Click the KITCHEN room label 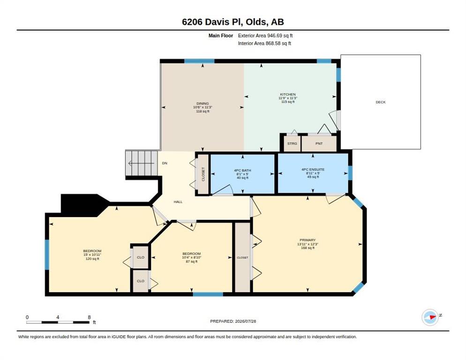tap(287, 94)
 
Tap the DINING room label tap(203, 104)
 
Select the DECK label tap(380, 102)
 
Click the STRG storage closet tap(292, 143)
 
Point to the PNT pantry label tap(319, 143)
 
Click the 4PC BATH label tap(242, 170)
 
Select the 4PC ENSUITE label tap(313, 169)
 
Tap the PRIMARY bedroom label tap(308, 240)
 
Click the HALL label tap(178, 202)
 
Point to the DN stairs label tap(165, 163)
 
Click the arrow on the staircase tap(141, 163)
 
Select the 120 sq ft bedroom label tap(92, 255)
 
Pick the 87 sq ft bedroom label tap(192, 257)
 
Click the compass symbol tap(430, 317)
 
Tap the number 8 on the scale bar tap(89, 317)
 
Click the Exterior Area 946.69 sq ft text tap(265, 36)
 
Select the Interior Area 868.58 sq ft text tap(264, 44)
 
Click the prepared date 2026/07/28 tap(246, 321)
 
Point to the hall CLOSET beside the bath tap(203, 174)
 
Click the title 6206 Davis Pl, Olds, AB tap(233, 22)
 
